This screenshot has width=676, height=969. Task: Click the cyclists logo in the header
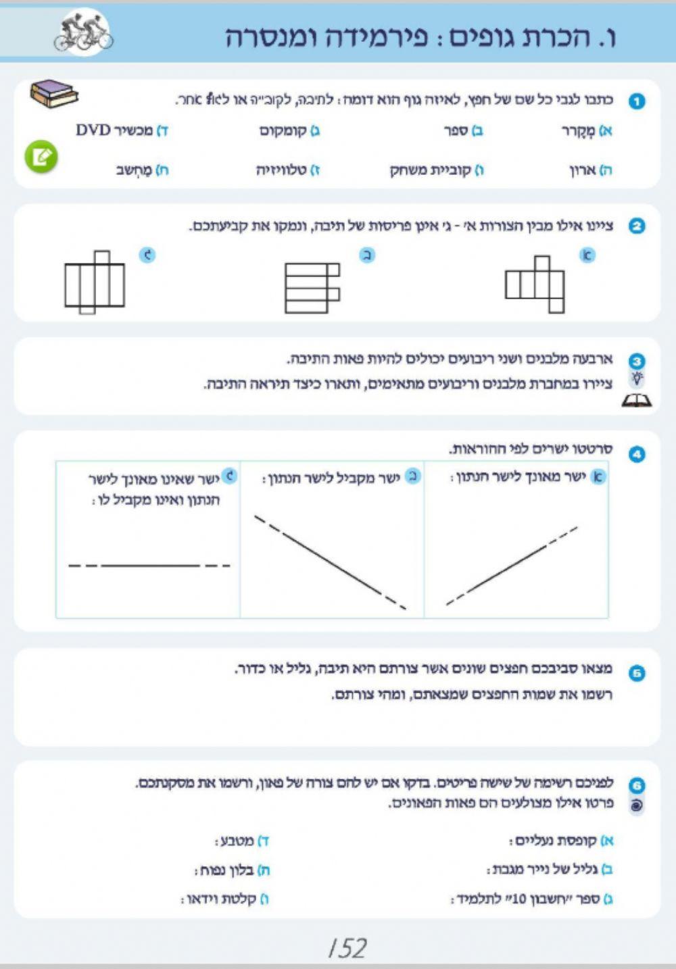[x=83, y=32]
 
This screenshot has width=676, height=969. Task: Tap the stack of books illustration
[x=53, y=93]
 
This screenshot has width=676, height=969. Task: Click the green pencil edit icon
[x=41, y=157]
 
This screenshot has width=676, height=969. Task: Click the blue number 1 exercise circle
[x=637, y=101]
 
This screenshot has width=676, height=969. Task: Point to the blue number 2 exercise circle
[x=637, y=226]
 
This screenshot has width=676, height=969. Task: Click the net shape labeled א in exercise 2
[x=535, y=284]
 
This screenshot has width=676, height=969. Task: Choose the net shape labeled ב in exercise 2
[x=312, y=287]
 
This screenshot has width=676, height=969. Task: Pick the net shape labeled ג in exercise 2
[x=95, y=282]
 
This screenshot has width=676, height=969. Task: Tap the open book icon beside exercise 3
[x=636, y=401]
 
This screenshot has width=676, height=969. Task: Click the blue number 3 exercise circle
[x=637, y=361]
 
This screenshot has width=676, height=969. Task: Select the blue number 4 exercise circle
[x=637, y=454]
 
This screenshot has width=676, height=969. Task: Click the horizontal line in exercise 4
[x=149, y=565]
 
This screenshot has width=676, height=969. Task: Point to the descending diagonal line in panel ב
[x=331, y=562]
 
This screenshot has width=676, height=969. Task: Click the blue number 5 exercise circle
[x=637, y=673]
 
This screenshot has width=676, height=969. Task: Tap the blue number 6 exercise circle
[x=637, y=785]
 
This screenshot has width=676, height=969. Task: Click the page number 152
[x=347, y=948]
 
